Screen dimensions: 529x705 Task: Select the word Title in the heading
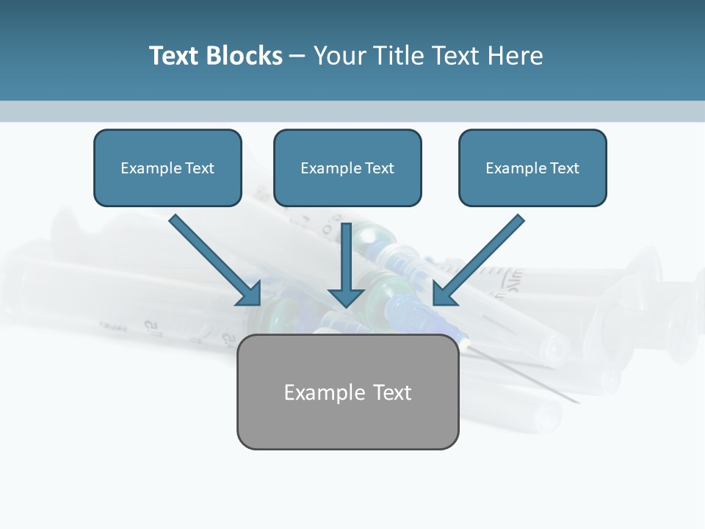(x=401, y=56)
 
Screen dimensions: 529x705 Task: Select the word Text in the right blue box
(x=564, y=168)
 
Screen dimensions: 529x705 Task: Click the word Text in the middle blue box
(x=379, y=168)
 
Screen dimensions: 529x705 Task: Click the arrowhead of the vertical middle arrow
(x=346, y=297)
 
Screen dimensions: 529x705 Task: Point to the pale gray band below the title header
(x=352, y=111)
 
